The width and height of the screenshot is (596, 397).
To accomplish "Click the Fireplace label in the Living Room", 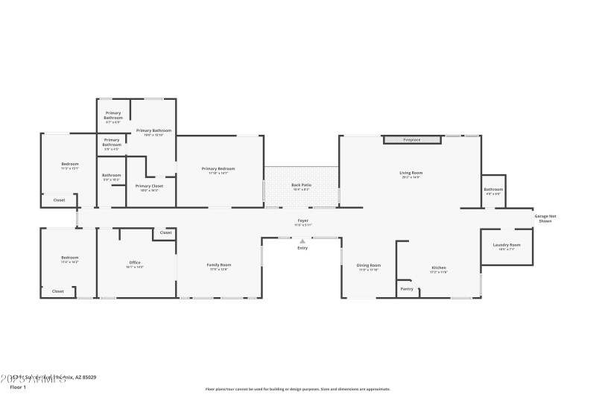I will point(412,140).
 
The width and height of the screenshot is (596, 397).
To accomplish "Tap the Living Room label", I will point(410,173).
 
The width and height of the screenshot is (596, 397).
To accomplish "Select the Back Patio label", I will point(301,185).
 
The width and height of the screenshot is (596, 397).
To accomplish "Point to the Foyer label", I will point(303,220).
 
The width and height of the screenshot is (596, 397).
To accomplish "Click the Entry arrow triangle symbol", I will point(302,241).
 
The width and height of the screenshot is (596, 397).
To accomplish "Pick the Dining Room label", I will point(369,265).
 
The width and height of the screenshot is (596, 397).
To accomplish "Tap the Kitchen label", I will point(438,268).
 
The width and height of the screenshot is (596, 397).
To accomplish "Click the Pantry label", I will point(406,289).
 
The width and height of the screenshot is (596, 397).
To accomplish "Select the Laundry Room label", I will point(507,245).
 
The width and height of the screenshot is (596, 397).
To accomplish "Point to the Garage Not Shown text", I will point(545,219).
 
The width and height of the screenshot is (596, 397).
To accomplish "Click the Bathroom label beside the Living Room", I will point(493,189).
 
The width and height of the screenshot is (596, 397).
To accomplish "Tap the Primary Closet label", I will point(149,186).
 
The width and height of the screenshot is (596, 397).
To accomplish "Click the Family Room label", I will point(218,264).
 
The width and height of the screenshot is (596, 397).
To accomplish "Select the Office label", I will point(135,262).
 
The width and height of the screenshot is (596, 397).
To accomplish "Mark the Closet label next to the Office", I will point(165,232).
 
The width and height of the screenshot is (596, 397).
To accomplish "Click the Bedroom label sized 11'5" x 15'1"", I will point(70,164).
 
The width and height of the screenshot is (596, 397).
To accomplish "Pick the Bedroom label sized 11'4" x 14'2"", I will point(70,258).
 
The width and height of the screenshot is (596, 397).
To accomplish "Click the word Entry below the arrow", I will point(302,248).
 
